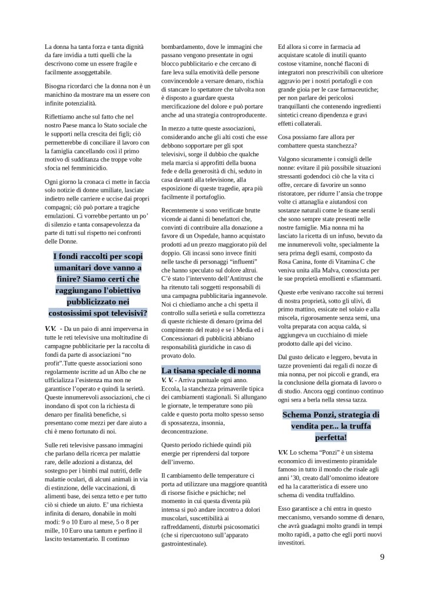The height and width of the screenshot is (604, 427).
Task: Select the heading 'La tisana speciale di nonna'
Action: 211,370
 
